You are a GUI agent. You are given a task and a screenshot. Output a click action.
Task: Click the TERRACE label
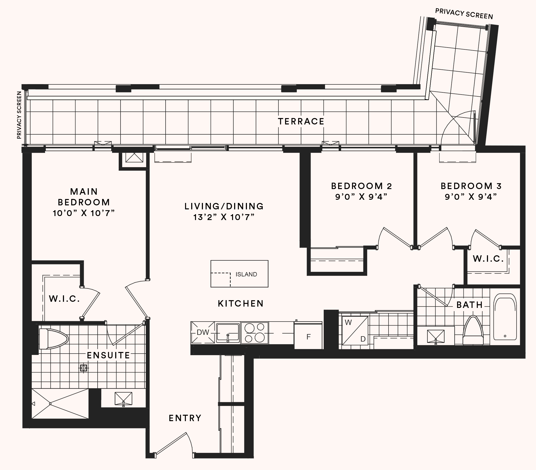coord(301,122)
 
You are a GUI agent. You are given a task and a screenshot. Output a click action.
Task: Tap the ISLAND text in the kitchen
coord(246,274)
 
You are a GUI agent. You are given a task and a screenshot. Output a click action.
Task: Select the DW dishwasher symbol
coord(203,332)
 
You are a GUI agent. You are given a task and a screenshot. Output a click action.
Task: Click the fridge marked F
coord(308,337)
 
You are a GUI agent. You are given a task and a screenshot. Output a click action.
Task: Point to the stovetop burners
coord(255,333)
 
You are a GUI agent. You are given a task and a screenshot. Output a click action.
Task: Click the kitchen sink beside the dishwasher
coord(227,333)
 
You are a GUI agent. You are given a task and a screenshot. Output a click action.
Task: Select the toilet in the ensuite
coord(53,339)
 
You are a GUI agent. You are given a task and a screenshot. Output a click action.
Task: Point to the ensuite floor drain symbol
coord(84,368)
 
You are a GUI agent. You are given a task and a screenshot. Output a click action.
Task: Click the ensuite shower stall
coord(60,404)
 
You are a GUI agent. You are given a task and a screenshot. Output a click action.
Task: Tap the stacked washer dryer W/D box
coord(355,331)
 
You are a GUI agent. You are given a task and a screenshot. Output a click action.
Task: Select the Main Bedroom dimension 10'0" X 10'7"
coord(84,213)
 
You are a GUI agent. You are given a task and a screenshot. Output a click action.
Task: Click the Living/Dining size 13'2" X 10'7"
coord(224,217)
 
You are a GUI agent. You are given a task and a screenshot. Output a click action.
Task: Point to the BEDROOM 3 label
coord(471,186)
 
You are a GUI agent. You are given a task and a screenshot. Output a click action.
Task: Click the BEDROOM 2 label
coord(361,186)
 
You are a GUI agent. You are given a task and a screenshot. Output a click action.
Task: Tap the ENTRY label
coord(185,418)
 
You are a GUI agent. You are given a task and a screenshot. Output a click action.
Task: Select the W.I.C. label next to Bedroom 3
coord(488,258)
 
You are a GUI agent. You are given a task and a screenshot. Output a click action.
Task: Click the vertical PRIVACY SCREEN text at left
coord(19,115)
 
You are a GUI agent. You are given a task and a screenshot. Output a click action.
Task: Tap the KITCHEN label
coord(241,304)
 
